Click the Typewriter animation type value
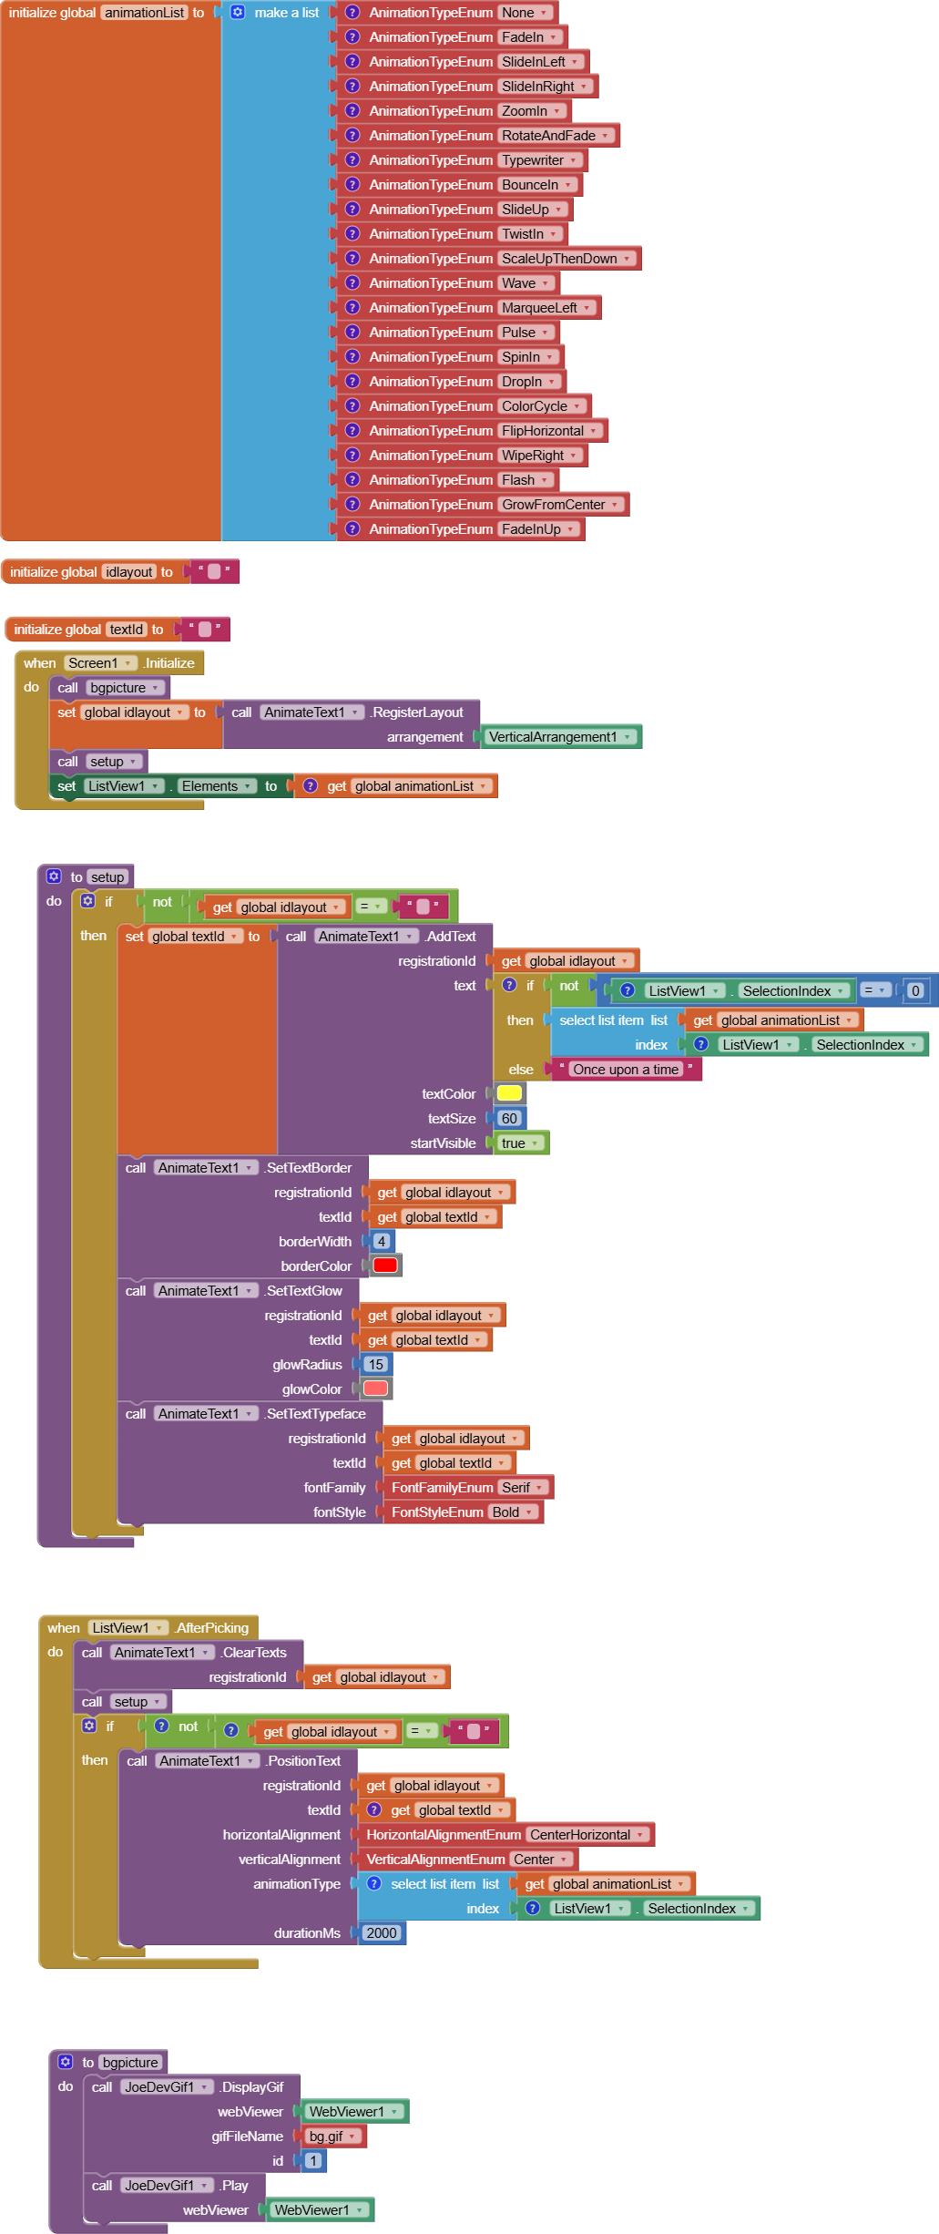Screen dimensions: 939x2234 pos(539,160)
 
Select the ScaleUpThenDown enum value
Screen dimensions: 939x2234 pos(566,259)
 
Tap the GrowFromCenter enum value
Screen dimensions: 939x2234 pos(559,505)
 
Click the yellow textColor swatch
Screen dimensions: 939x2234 pos(509,1093)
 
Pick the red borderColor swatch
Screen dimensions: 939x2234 pos(385,1266)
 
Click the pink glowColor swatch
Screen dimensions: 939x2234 pos(376,1389)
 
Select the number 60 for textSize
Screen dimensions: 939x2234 pos(509,1118)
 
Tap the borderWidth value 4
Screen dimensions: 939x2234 pos(382,1241)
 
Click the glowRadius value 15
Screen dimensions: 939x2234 pos(376,1364)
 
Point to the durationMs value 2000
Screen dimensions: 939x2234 pos(381,1932)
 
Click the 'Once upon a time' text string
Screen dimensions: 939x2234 pos(626,1070)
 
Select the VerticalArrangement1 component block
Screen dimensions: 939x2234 pos(559,737)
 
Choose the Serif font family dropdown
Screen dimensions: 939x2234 pos(523,1488)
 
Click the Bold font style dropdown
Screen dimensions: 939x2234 pos(513,1512)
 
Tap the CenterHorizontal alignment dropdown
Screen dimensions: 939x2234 pos(587,1834)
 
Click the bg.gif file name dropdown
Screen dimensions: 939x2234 pos(332,2136)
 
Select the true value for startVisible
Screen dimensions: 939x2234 pos(520,1143)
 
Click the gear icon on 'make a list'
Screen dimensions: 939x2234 pos(238,13)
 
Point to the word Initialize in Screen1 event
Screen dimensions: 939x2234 pos(170,663)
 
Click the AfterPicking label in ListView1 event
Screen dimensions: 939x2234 pos(213,1628)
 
